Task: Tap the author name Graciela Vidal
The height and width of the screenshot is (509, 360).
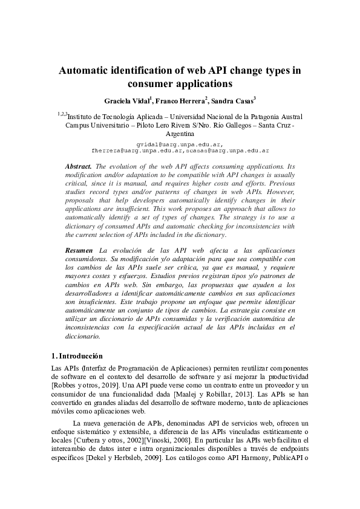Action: [x=126, y=100]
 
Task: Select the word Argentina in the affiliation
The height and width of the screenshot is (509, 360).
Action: [x=180, y=133]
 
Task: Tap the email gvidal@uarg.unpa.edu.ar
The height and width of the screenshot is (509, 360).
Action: [x=180, y=144]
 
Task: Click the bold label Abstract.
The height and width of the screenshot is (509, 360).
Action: [x=78, y=166]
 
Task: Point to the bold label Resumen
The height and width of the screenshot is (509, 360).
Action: [x=79, y=250]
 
